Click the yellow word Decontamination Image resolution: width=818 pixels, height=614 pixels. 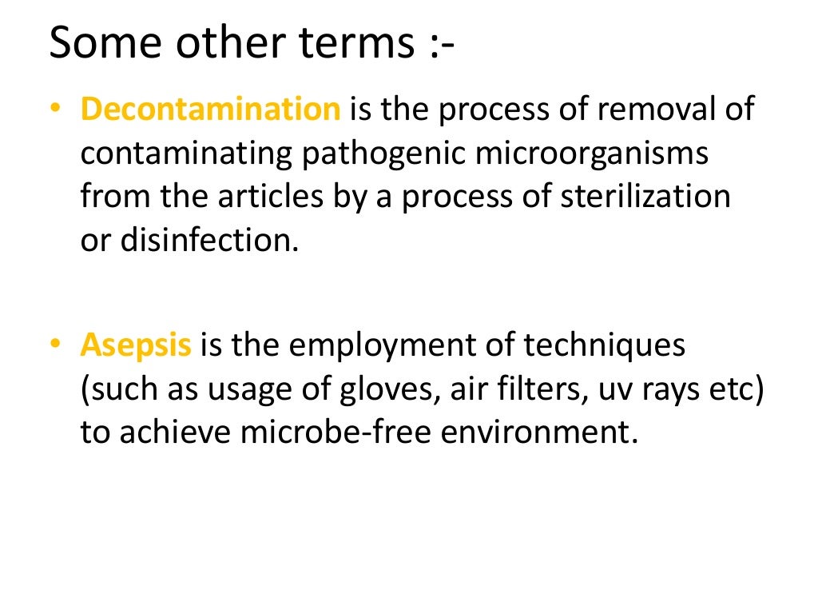point(210,110)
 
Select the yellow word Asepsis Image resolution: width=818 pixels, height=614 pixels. point(136,345)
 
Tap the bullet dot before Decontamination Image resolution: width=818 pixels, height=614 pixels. point(54,110)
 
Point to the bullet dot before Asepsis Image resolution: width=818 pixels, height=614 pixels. point(54,345)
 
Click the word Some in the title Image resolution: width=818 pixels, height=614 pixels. point(106,43)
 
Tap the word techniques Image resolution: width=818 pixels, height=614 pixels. point(605,345)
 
